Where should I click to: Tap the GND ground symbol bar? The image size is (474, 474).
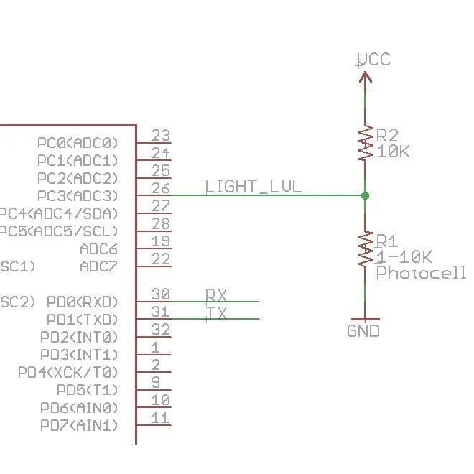(364, 318)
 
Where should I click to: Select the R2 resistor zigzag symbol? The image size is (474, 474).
(365, 144)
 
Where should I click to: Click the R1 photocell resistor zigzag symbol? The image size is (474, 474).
(365, 249)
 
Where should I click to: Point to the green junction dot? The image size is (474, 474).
(365, 195)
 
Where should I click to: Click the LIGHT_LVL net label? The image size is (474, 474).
(254, 187)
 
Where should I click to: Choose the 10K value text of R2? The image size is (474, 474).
(393, 152)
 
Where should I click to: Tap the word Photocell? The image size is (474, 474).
(421, 273)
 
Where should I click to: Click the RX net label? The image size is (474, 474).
(216, 294)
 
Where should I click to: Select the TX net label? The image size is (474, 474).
(216, 312)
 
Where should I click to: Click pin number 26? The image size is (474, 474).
(161, 189)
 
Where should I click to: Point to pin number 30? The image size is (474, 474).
(161, 294)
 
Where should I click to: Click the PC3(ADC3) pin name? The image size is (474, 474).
(78, 196)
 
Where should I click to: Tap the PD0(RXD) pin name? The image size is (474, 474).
(81, 302)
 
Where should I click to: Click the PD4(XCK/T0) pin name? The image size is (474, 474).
(68, 372)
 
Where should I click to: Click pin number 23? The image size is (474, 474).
(161, 136)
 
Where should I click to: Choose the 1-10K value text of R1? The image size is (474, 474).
(404, 257)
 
